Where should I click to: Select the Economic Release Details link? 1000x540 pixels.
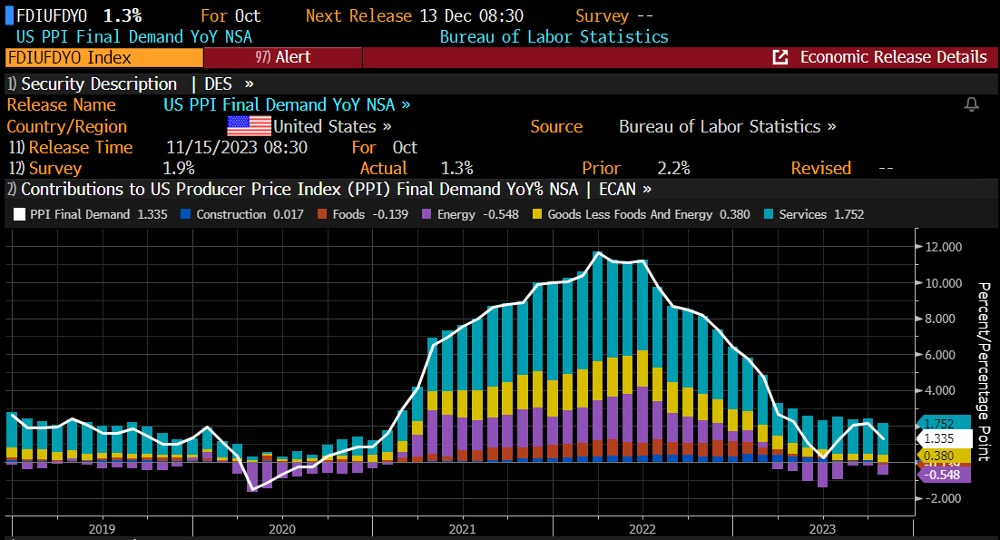coord(880,57)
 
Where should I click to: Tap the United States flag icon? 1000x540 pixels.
coord(249,126)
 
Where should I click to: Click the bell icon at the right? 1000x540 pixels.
coord(972,105)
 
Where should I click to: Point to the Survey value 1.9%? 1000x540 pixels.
coord(179,168)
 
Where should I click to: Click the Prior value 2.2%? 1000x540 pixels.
coord(673,168)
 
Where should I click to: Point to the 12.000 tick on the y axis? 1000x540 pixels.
coord(944,247)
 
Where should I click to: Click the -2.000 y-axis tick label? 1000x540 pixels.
coord(944,498)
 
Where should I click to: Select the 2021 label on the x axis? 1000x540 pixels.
coord(462,528)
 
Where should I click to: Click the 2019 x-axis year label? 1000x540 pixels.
coord(102,528)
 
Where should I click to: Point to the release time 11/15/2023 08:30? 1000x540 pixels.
coord(237,147)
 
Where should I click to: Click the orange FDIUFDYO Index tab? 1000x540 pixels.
coord(103,57)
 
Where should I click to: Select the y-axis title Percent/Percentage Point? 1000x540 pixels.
coord(983,359)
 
